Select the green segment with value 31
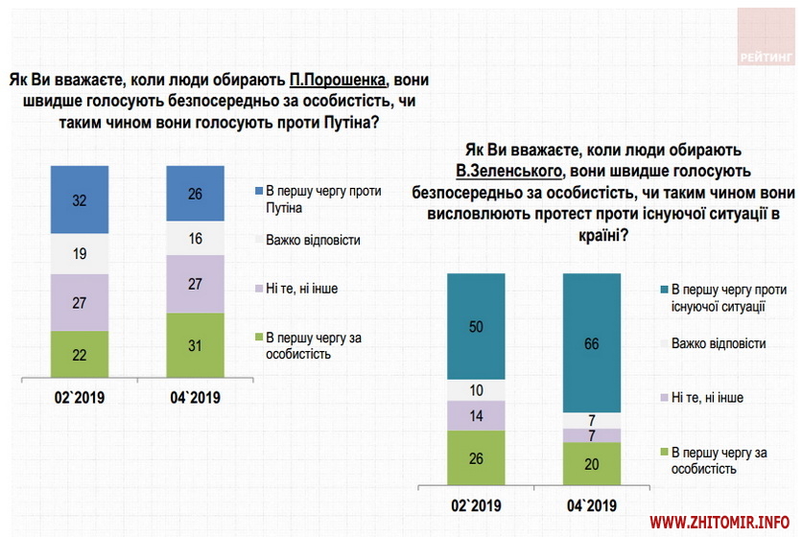(x=195, y=345)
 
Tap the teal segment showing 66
(x=592, y=343)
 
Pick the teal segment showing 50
(x=477, y=326)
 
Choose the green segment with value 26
(x=477, y=459)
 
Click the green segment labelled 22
(x=80, y=355)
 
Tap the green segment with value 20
(x=592, y=463)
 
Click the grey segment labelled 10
(x=477, y=389)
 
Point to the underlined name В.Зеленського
(x=509, y=171)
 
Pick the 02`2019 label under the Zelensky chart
(x=477, y=505)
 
